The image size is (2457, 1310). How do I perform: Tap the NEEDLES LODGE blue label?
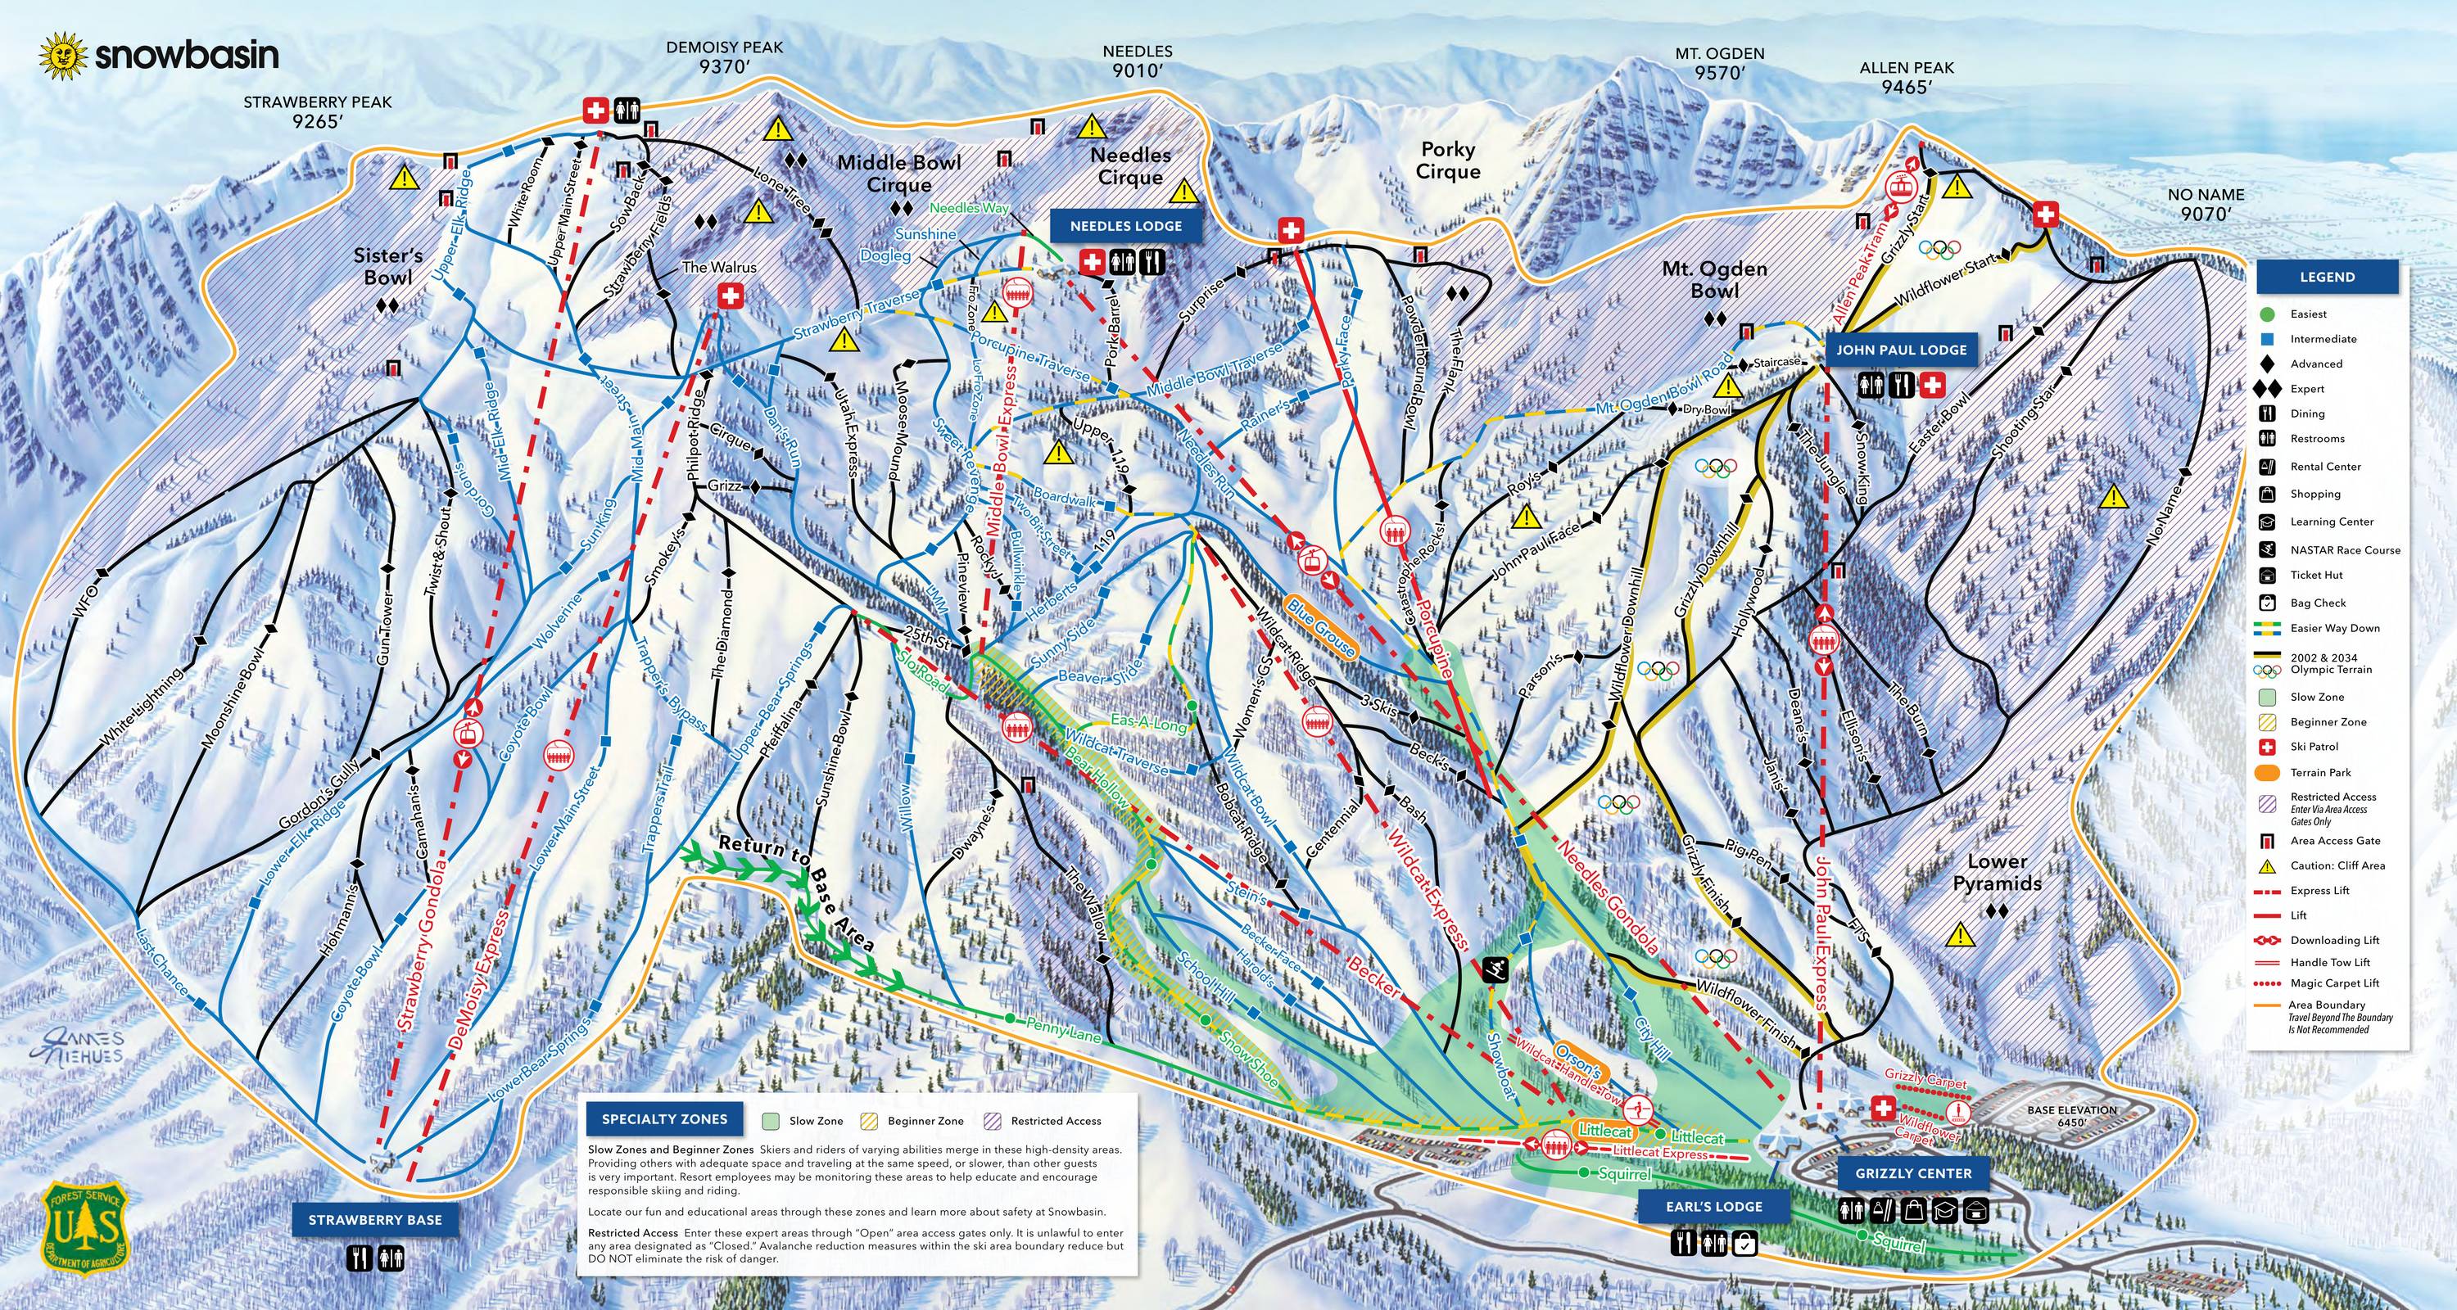(1125, 226)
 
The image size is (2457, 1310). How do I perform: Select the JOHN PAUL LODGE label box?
(1901, 350)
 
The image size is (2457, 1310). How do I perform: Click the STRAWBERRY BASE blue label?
(374, 1219)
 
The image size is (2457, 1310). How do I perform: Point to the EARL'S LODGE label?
(1714, 1206)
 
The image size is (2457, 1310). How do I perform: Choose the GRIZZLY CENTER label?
(1912, 1173)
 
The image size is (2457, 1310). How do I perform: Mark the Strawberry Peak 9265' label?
(317, 111)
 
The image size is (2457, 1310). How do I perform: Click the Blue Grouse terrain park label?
(1320, 626)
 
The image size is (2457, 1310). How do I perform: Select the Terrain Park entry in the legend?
(2319, 772)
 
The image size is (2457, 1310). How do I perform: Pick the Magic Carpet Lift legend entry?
(2334, 983)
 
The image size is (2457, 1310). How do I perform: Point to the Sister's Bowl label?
(387, 267)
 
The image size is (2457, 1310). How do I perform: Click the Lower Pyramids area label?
(1997, 871)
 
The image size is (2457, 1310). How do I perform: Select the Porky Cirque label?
(1447, 160)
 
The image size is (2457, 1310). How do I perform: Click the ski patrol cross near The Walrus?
(731, 297)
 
